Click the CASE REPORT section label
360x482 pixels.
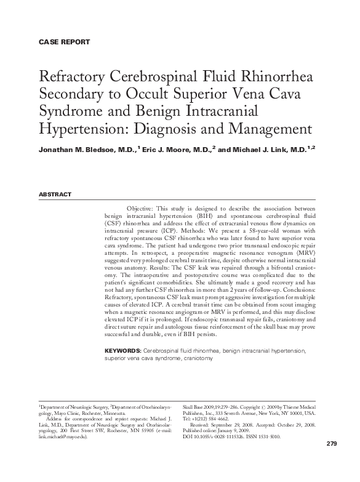[64, 42]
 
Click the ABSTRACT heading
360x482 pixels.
[55, 195]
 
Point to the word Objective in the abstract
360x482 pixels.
[143, 209]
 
